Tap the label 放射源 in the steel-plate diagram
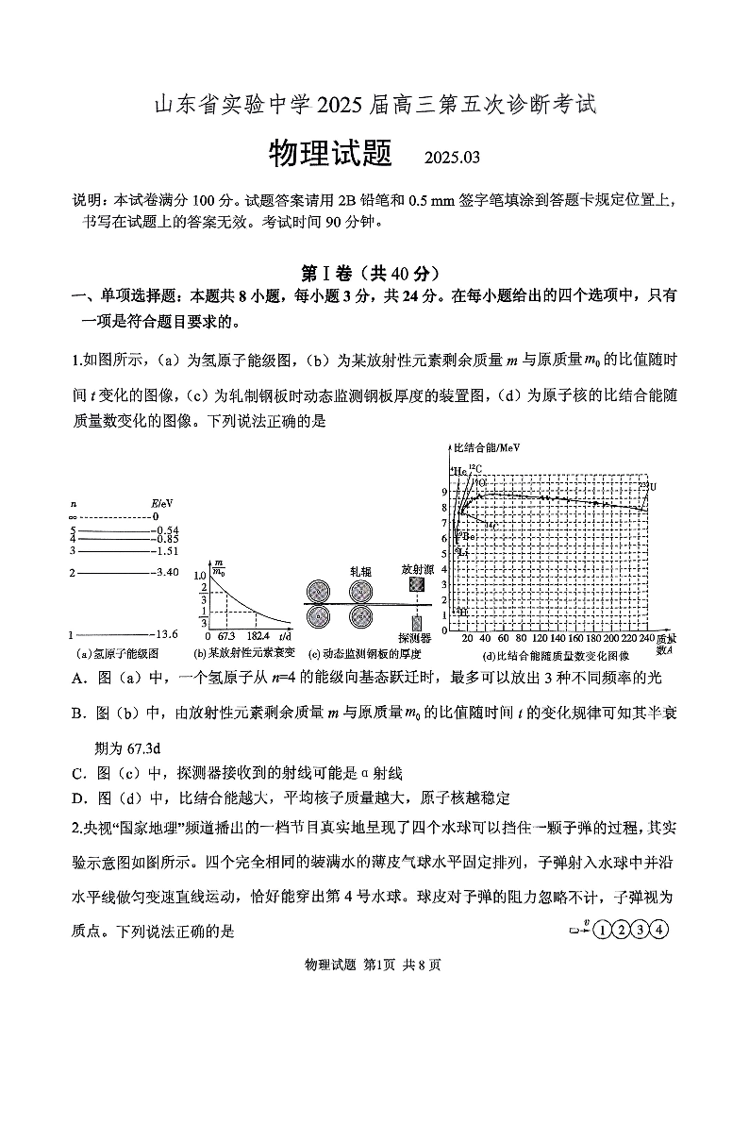click(x=416, y=570)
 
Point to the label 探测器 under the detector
click(x=415, y=639)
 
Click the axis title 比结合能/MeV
click(x=487, y=447)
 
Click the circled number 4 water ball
click(x=659, y=929)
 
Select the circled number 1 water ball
click(x=603, y=929)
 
